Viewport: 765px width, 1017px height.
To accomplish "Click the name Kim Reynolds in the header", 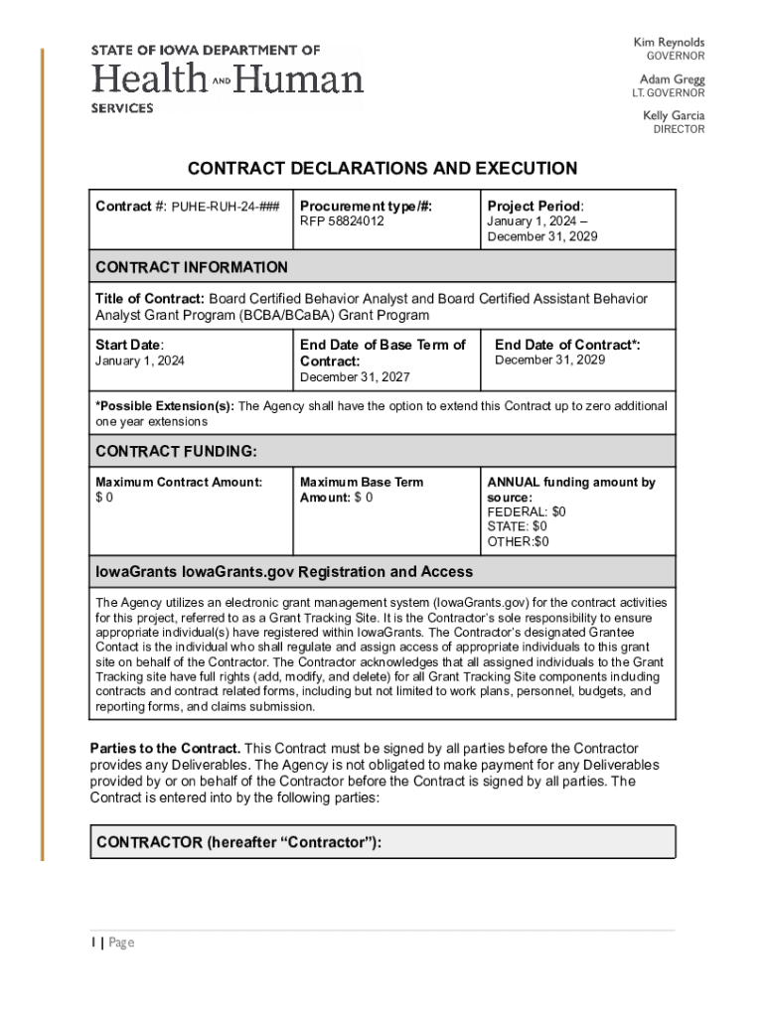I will coord(669,43).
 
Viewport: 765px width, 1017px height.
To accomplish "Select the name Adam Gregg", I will coord(672,78).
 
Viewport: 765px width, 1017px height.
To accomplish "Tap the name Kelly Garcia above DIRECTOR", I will coord(674,115).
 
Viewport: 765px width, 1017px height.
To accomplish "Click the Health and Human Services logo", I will coord(228,78).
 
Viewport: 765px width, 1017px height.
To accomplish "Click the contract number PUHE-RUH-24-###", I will coord(227,208).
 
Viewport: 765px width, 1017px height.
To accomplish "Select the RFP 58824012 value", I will coord(342,221).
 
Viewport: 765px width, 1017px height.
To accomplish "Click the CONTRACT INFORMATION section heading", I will coord(192,267).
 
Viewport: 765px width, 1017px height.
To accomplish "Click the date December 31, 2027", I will coord(355,377).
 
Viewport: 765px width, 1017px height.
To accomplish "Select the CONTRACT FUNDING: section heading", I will coord(176,452).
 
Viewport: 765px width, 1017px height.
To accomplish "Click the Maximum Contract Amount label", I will coord(179,482).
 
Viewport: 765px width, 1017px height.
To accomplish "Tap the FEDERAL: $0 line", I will coord(526,511).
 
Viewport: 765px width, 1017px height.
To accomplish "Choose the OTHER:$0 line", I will coord(517,541).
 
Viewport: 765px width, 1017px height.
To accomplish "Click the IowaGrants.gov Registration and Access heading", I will coord(284,572).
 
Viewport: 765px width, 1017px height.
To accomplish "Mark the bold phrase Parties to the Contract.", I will coord(165,748).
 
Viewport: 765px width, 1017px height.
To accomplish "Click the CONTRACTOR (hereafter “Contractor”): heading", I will coord(238,843).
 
